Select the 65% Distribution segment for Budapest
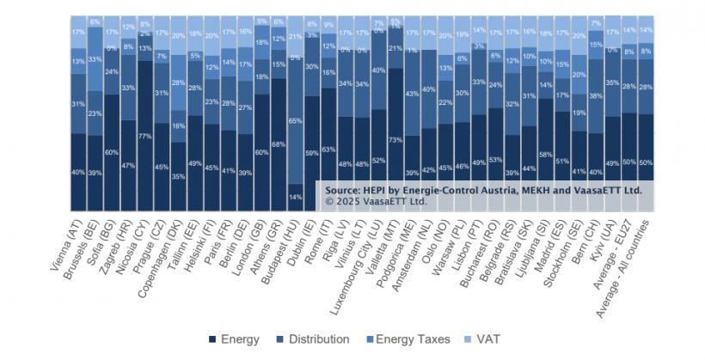(x=295, y=122)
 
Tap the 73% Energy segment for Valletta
(x=394, y=139)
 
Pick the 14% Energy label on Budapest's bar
(x=295, y=197)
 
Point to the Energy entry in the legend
(x=234, y=339)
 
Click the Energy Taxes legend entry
(x=408, y=339)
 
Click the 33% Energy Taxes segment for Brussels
(x=95, y=59)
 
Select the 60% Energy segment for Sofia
(x=112, y=152)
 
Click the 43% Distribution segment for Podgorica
(x=414, y=93)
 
